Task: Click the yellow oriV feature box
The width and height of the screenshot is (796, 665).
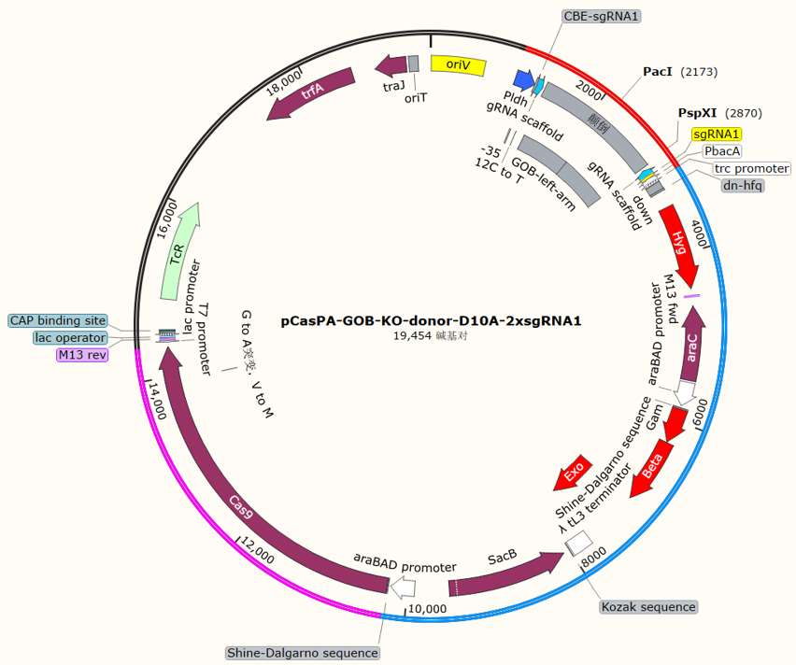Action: tap(459, 65)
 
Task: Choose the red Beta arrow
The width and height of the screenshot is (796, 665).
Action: tap(652, 469)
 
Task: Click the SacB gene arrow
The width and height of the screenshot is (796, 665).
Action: tap(505, 573)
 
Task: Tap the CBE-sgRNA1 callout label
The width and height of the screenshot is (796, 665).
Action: tap(601, 16)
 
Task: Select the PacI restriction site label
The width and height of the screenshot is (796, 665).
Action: tap(658, 72)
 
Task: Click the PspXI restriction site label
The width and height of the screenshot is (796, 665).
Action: tap(698, 113)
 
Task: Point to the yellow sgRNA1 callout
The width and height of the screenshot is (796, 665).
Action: tap(717, 134)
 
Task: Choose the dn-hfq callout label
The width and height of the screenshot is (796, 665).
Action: tap(742, 185)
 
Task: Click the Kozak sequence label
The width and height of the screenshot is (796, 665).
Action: tap(648, 606)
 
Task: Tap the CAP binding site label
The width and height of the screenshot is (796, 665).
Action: tap(58, 320)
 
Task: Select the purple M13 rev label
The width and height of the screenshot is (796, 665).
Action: tap(82, 354)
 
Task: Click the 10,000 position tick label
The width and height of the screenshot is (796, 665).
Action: tap(428, 609)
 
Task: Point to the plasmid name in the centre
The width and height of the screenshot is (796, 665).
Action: tap(431, 320)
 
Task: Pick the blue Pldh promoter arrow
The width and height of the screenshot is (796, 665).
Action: tap(524, 80)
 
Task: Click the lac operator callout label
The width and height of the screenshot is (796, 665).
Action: tap(70, 337)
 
